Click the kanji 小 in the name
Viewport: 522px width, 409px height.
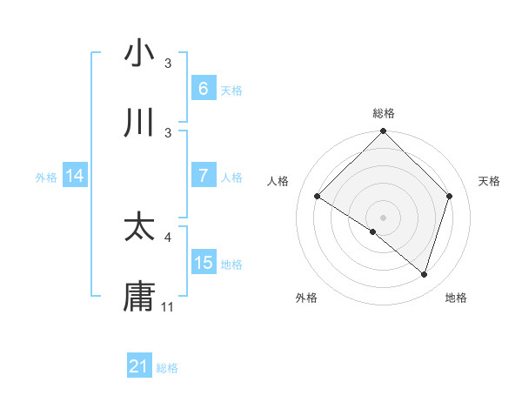[x=139, y=54]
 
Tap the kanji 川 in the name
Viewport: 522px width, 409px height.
[x=139, y=123]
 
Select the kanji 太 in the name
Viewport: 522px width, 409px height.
[x=139, y=227]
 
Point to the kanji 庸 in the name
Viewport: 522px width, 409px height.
[x=139, y=297]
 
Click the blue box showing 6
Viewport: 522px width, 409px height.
[x=204, y=89]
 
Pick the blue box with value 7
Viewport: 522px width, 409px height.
[x=204, y=176]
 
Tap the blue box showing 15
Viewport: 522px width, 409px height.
[x=204, y=263]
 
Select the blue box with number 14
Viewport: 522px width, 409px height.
[x=75, y=176]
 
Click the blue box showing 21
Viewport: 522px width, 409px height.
[x=139, y=366]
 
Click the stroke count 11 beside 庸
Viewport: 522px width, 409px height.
[x=168, y=307]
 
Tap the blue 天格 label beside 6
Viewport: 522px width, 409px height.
[x=231, y=91]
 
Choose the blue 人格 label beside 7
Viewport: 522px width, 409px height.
[x=231, y=178]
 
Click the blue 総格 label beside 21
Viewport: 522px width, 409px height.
[x=167, y=368]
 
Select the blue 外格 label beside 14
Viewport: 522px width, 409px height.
[x=46, y=178]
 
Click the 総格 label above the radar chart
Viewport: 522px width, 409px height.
[x=383, y=113]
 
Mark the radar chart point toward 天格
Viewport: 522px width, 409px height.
[x=449, y=196]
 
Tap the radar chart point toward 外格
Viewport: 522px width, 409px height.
[x=373, y=231]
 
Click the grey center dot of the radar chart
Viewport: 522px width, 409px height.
[x=383, y=217]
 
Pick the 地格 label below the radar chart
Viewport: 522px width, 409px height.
[x=456, y=298]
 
